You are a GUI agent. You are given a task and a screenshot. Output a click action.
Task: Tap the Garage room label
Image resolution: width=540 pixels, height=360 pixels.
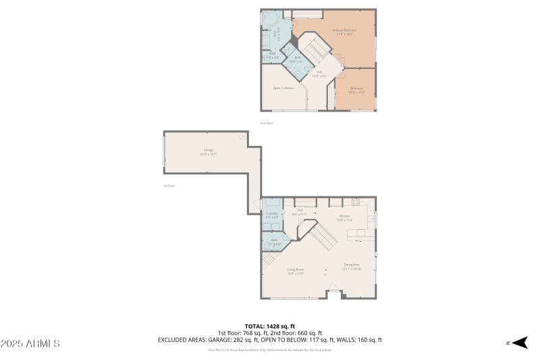[208, 151]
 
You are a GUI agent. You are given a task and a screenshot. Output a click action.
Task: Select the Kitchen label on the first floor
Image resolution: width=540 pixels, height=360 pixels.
[345, 217]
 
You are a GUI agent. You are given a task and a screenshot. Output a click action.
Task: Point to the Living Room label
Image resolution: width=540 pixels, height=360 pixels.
[296, 270]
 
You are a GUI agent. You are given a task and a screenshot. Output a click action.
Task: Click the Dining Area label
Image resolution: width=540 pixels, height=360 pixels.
[352, 267]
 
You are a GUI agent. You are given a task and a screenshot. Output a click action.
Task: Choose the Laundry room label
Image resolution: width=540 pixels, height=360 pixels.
[272, 215]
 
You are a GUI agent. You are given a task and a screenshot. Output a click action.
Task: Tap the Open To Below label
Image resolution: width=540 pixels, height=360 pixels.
[283, 88]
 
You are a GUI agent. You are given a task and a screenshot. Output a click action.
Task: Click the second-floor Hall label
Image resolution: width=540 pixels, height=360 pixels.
[319, 74]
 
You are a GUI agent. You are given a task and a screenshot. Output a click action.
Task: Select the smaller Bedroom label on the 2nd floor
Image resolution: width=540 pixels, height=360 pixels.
[356, 90]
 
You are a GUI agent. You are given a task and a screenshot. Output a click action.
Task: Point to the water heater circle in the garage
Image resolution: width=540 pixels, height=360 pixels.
[242, 136]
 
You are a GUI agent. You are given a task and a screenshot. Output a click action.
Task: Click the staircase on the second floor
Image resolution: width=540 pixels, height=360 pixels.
[314, 51]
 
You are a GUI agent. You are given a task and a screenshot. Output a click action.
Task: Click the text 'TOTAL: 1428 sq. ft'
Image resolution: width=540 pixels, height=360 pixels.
[269, 326]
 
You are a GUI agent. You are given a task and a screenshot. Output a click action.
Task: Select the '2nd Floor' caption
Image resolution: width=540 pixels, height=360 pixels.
[267, 123]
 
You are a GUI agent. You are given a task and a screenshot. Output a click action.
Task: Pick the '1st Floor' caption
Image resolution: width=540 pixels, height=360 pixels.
[169, 186]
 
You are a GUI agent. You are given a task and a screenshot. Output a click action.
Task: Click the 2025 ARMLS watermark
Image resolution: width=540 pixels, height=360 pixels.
[30, 344]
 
